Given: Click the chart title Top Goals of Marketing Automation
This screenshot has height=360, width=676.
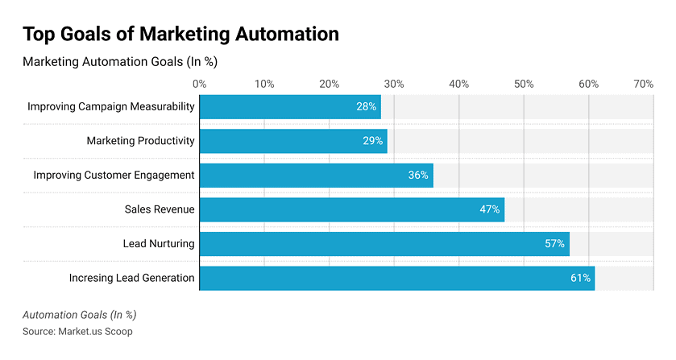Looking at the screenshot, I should click(x=180, y=34).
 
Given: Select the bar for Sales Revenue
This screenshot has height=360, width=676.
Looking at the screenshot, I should click(x=351, y=209).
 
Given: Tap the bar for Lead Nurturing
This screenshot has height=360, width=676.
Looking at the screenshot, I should click(x=384, y=243).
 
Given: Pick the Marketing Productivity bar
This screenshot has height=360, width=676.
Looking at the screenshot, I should click(x=293, y=141).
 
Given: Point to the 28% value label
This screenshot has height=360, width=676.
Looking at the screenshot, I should click(x=367, y=107).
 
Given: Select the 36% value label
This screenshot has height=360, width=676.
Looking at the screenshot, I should click(x=418, y=176).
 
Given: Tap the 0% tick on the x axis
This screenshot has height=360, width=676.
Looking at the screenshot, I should click(x=200, y=84).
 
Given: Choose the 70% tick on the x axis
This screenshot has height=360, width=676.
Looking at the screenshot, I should click(x=643, y=84).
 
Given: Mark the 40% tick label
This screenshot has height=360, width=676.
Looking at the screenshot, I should click(x=458, y=84).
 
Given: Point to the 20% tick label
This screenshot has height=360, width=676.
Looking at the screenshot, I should click(x=329, y=84).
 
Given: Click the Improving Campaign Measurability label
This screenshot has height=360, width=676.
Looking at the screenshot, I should click(x=111, y=107).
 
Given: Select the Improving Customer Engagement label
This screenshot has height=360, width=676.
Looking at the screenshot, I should click(x=114, y=176).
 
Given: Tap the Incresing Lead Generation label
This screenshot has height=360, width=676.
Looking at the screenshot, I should click(x=131, y=278).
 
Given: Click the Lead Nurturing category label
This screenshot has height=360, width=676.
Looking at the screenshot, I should click(x=159, y=243).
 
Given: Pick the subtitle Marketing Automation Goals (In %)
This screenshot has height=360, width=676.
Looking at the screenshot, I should click(x=120, y=61).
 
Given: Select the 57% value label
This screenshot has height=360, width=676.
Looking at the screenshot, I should click(x=554, y=243).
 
